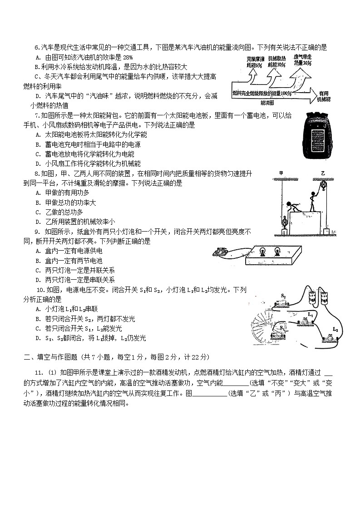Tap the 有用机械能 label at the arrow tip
[x=323, y=95]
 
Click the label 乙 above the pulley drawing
[x=322, y=173]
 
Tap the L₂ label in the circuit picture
[x=335, y=329]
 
